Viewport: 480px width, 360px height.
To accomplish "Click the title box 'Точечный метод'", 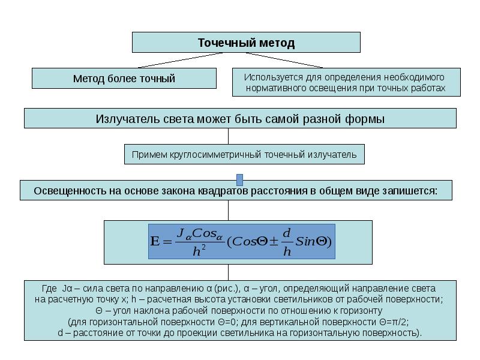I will coord(246,43).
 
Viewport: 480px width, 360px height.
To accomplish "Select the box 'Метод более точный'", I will coord(124,79).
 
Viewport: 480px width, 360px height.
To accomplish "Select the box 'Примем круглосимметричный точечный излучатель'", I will coord(244,154).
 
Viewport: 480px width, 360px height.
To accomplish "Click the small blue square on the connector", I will coord(240,180).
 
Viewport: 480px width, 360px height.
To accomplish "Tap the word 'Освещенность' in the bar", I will coord(67,191).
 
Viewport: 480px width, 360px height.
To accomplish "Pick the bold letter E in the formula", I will coord(155,242).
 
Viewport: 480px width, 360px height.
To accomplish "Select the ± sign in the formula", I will coord(273,242).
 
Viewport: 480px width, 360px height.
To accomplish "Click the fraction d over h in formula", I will coord(287,242).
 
